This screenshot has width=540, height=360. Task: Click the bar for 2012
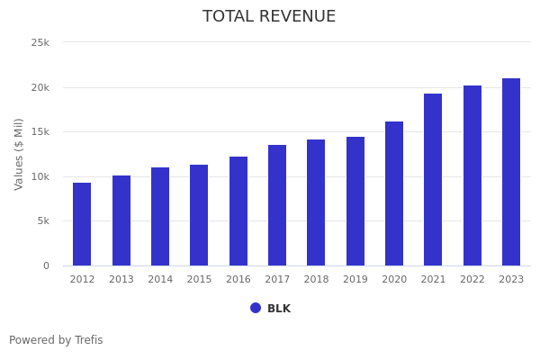(82, 224)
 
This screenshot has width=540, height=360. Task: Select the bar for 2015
(199, 215)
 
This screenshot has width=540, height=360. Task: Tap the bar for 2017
(277, 205)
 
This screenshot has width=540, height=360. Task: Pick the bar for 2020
(394, 193)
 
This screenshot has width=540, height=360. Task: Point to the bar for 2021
(433, 179)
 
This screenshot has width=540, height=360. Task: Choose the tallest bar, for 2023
(511, 172)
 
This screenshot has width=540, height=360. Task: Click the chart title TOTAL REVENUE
(269, 17)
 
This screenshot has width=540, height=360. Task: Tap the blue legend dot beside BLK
(256, 308)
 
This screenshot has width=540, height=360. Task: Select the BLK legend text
(279, 309)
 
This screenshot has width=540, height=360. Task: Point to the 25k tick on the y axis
(40, 42)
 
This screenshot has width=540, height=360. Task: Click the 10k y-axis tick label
(40, 176)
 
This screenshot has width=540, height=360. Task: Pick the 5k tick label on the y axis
(43, 221)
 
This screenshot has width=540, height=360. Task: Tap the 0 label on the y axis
(46, 265)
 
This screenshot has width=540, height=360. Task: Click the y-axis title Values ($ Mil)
(19, 154)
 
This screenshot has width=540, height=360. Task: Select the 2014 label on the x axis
(160, 280)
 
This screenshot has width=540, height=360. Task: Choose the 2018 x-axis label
(316, 280)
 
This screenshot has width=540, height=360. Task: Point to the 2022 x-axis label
(472, 280)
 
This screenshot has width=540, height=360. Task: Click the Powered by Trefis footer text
(56, 340)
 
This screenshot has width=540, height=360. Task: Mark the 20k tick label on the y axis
(40, 87)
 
